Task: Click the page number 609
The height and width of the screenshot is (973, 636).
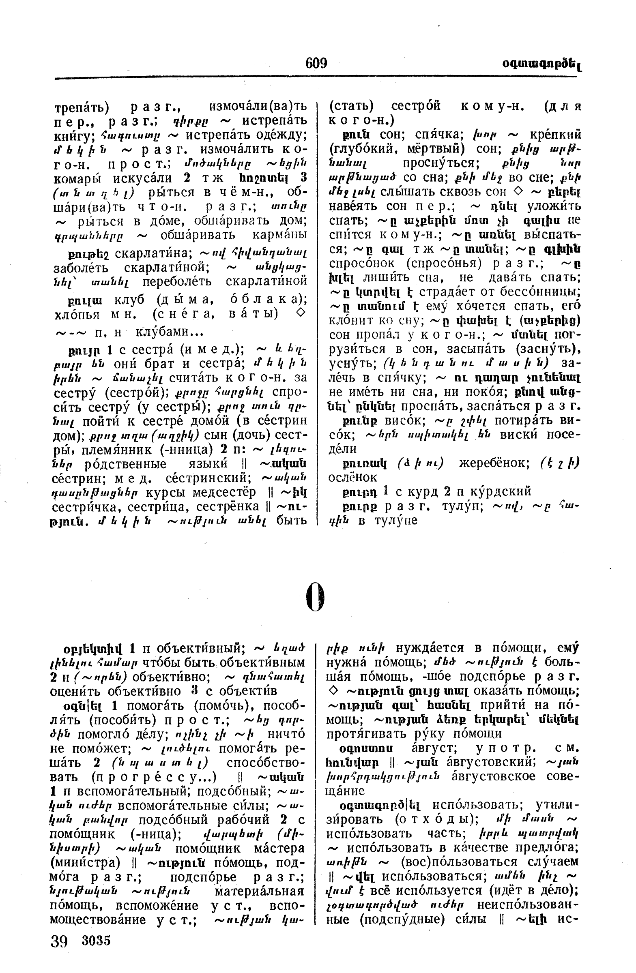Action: (316, 63)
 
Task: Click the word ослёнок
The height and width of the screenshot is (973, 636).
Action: (352, 477)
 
